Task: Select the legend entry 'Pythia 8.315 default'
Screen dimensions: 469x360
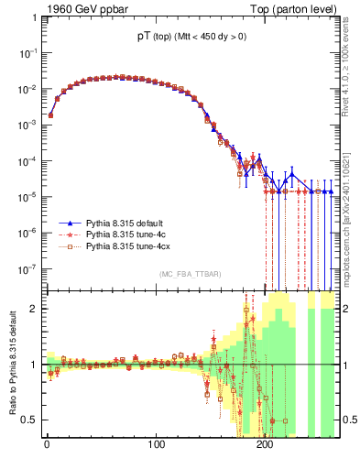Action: coord(129,223)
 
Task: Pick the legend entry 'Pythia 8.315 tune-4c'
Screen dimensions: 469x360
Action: coord(129,234)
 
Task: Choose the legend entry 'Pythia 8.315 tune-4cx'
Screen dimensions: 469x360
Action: coord(132,246)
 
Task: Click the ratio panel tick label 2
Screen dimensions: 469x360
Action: coord(33,309)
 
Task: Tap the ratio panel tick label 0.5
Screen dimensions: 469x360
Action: coord(29,420)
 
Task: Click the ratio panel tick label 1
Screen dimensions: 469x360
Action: coord(33,365)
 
